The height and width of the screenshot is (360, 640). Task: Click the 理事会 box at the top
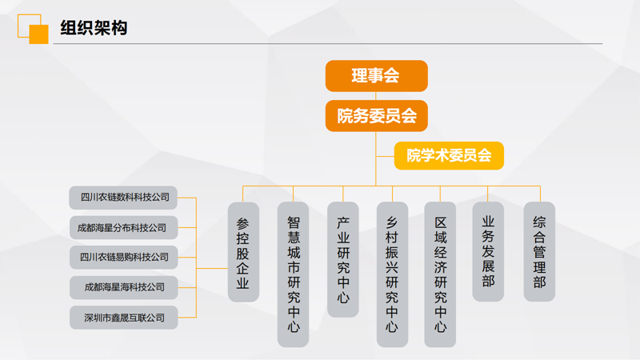pos(376,76)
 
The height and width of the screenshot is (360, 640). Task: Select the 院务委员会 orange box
pos(376,116)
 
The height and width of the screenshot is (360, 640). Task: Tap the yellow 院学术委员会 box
pos(449,155)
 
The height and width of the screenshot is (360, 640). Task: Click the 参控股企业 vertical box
pos(243,252)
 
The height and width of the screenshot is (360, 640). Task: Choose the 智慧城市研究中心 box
pos(293,274)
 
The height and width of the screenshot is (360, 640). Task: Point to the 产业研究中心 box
pos(343,259)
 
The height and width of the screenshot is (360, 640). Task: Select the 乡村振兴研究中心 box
pos(392,274)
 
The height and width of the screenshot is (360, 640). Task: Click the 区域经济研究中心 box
pos(440,274)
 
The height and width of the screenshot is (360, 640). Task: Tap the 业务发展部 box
pos(488,252)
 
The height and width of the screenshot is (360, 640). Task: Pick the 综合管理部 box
pos(539,252)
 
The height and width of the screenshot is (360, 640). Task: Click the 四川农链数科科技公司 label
pos(123,198)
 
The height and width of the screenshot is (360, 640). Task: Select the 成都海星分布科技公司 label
pos(123,228)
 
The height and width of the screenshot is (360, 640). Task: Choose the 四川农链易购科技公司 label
pos(123,257)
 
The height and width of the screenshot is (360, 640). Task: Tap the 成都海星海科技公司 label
pos(123,287)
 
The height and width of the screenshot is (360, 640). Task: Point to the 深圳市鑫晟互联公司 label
pos(123,318)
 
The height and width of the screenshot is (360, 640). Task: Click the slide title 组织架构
pos(94,28)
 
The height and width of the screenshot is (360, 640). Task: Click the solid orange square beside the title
pos(38,34)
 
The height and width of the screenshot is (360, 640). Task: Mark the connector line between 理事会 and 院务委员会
pos(376,96)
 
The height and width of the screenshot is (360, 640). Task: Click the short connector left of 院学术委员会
pos(386,156)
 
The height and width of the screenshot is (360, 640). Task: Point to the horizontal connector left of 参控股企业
pos(212,268)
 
